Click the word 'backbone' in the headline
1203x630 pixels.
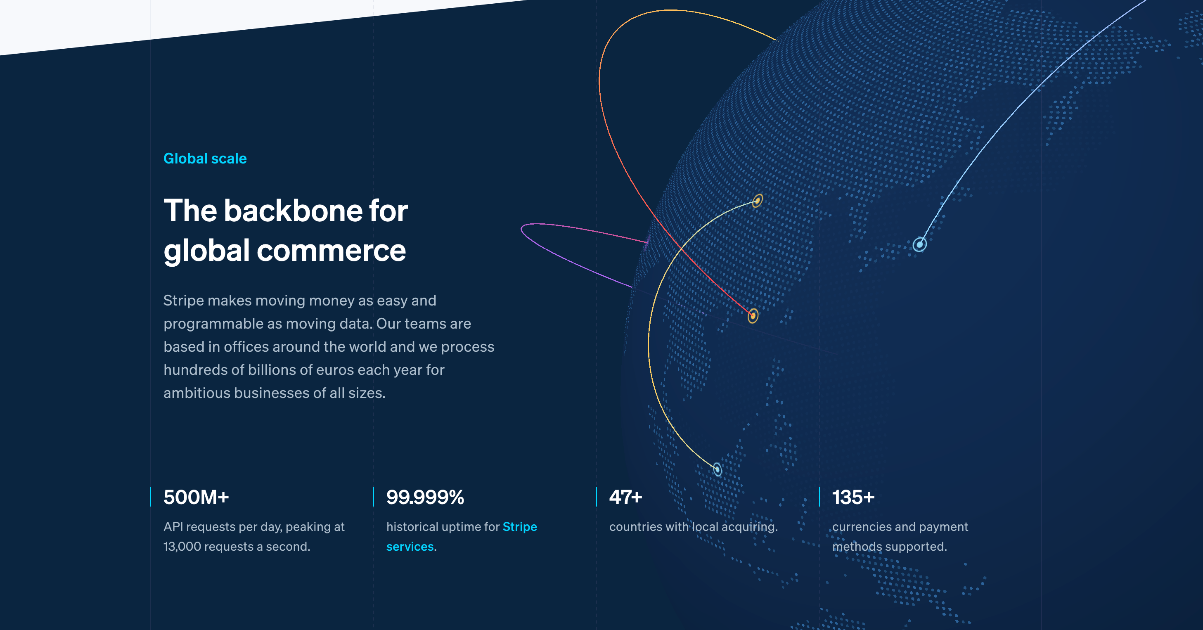pos(292,211)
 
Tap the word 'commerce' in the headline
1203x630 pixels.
pos(331,250)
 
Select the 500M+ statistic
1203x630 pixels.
pos(196,497)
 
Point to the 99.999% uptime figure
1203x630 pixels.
pos(425,497)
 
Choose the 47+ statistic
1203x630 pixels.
pos(625,497)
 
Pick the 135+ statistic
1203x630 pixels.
pos(853,497)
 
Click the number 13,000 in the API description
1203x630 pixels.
pos(181,547)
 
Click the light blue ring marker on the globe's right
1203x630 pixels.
pos(919,244)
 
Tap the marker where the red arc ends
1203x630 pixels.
pos(752,316)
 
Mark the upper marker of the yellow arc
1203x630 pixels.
pos(757,201)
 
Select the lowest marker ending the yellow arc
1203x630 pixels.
pos(718,469)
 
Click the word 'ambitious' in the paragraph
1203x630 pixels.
pos(197,393)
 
